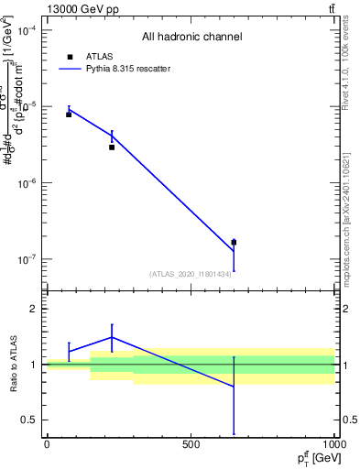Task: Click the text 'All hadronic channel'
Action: pos(191,38)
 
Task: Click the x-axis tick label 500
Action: pos(191,444)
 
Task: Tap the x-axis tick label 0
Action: pos(47,444)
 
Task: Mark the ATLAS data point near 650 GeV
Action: pos(234,243)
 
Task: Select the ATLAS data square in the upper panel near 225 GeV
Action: pos(112,147)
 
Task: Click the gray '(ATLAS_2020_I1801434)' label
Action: pos(191,274)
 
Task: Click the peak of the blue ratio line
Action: pos(112,337)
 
